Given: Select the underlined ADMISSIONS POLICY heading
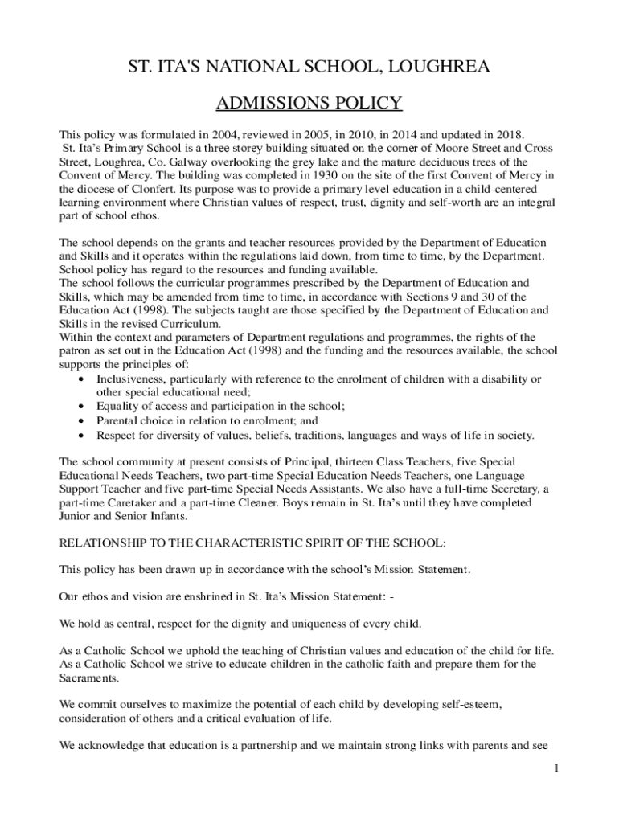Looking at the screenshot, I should (x=309, y=104).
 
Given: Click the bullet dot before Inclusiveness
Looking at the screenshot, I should (x=84, y=379).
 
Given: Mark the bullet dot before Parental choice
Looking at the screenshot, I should (x=84, y=421).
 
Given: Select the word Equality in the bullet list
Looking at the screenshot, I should (x=120, y=407).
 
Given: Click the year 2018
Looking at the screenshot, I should (x=506, y=135).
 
